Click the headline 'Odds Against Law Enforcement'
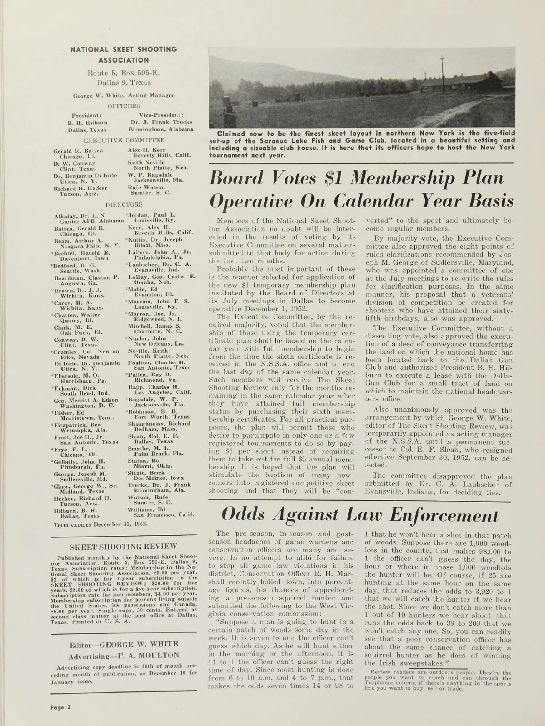[360, 514]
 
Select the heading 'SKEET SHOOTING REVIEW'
[123, 547]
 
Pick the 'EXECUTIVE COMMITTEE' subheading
[123, 140]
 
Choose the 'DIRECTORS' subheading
[124, 205]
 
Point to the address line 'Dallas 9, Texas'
[123, 83]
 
